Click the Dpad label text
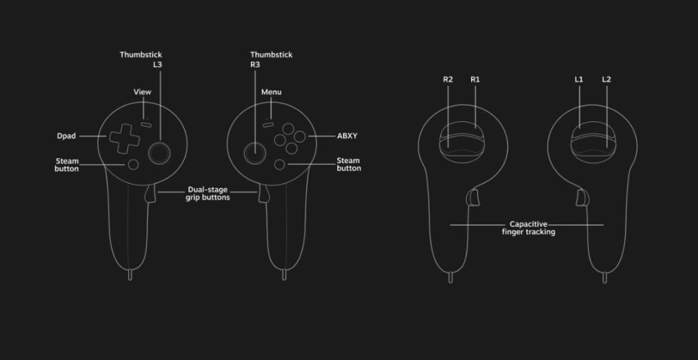[66, 136]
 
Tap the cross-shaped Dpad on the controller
[124, 138]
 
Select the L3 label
[157, 65]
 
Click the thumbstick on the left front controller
[159, 153]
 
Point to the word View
[142, 92]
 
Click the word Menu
[271, 92]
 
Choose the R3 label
[255, 65]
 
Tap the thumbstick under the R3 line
[255, 153]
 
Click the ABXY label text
[347, 136]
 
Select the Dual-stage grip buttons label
[208, 194]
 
